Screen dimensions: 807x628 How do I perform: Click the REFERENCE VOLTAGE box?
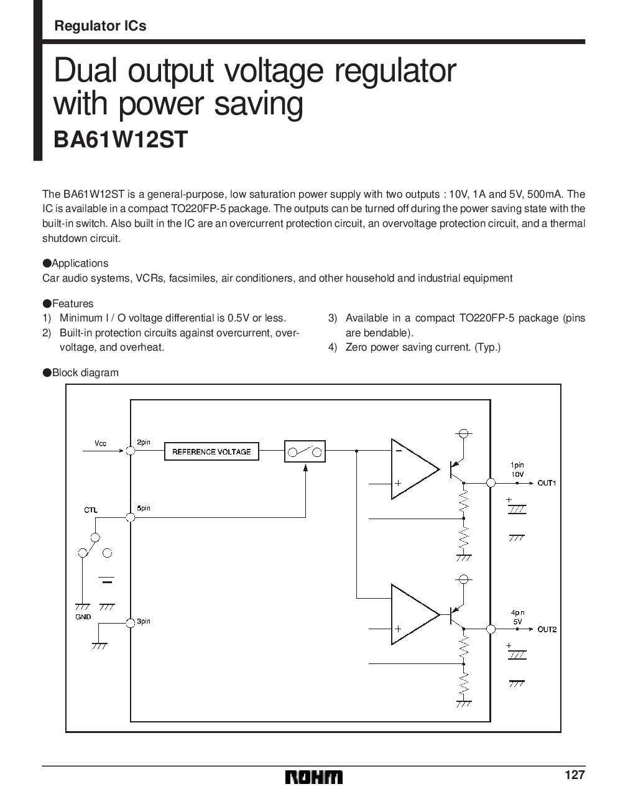[211, 452]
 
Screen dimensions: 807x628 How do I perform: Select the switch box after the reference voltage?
[305, 451]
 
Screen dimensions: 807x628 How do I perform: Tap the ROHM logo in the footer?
[314, 777]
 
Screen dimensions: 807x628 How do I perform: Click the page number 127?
[575, 775]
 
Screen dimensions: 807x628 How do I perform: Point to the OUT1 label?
[547, 483]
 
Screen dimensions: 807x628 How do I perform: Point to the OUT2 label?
[547, 629]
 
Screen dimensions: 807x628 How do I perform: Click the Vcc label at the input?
[101, 443]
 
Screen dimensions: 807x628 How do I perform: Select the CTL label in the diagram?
[91, 510]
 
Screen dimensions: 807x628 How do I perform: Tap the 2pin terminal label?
[144, 442]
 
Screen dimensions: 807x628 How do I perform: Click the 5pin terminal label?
[144, 509]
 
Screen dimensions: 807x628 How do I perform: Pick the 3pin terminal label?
[144, 622]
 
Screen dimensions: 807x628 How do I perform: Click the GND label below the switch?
[83, 617]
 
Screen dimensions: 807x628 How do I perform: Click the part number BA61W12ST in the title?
[120, 139]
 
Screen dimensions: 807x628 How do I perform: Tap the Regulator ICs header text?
[100, 26]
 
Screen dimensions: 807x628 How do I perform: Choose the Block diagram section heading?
[85, 372]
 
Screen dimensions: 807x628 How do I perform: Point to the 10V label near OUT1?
[517, 474]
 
